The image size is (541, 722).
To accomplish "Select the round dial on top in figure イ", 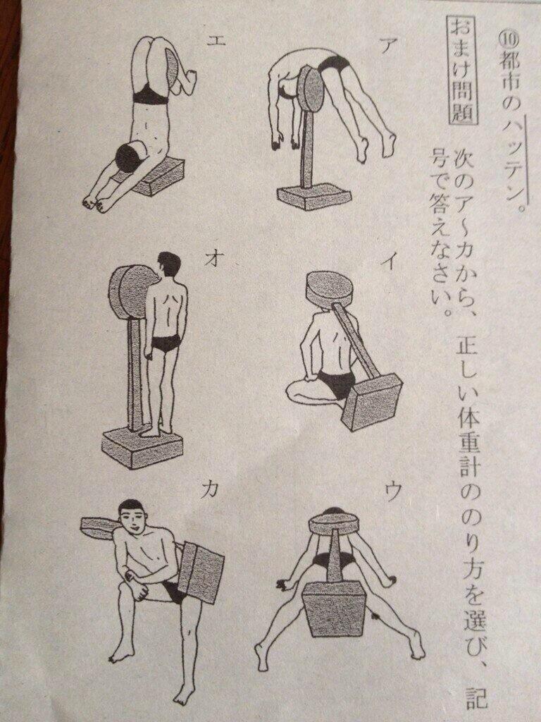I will point(330,290).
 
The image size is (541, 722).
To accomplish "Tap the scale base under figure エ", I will point(156,176).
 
